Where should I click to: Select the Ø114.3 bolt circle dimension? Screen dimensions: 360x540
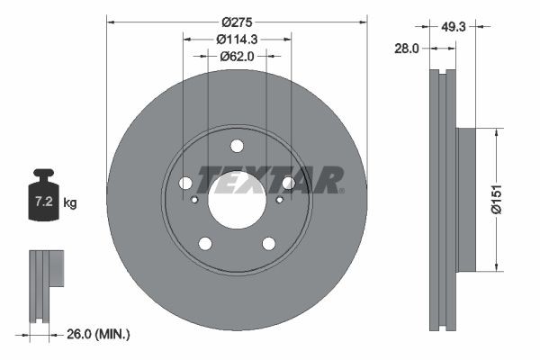[238, 39]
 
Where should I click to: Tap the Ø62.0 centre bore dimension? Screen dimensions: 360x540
[238, 56]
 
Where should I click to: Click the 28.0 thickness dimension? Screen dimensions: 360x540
[407, 49]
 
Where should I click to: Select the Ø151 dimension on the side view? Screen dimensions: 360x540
[508, 198]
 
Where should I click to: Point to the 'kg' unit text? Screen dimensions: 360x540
[70, 203]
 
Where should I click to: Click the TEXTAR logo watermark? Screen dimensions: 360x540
[270, 179]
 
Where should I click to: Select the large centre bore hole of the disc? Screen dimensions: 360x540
[237, 199]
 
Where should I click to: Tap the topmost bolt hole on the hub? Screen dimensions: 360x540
[237, 146]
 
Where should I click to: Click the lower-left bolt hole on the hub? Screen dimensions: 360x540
[205, 243]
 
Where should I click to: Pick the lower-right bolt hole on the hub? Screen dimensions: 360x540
[268, 243]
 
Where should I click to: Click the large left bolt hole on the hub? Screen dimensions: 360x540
[185, 184]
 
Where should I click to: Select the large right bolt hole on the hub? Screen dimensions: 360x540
[288, 184]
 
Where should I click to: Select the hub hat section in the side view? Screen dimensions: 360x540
[465, 199]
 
